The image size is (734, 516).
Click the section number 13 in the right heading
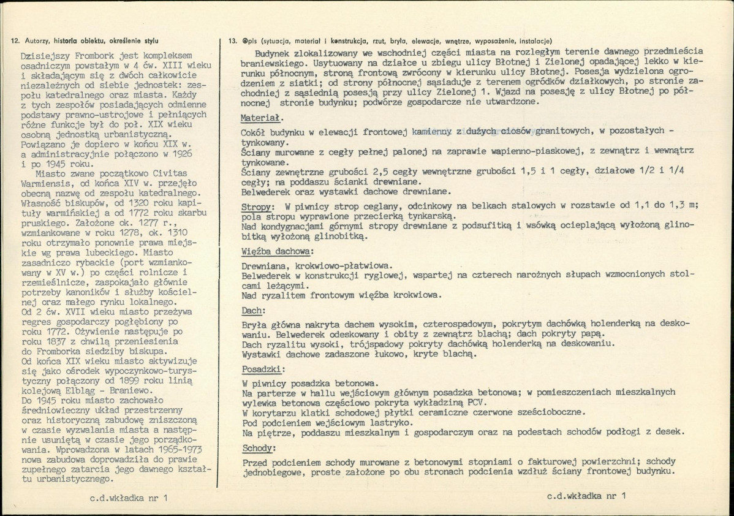(x=232, y=41)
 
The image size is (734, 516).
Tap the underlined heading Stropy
(x=257, y=207)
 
